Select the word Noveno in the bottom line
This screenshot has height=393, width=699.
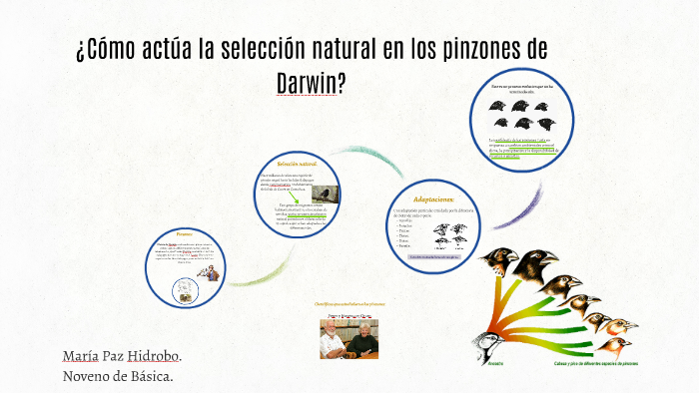pyautogui.click(x=87, y=376)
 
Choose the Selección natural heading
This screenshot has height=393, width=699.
pyautogui.click(x=297, y=163)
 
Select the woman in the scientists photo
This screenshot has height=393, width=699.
pyautogui.click(x=334, y=339)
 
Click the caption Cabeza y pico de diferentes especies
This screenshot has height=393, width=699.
pyautogui.click(x=598, y=363)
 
